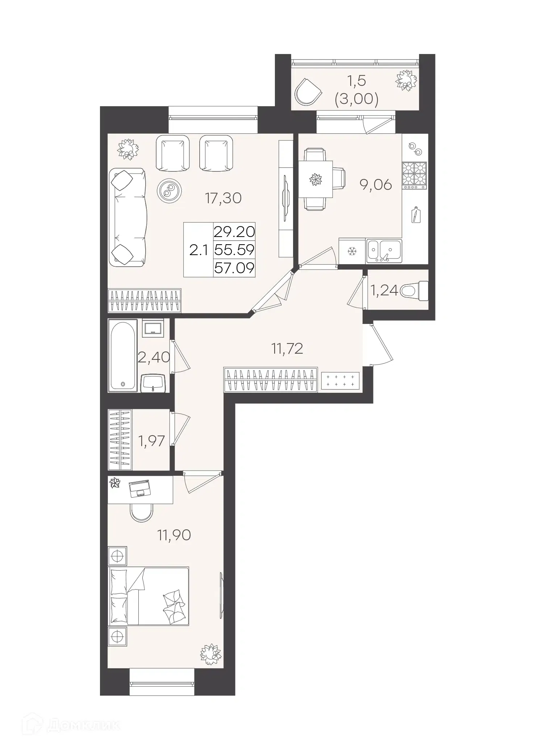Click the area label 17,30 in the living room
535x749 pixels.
(223, 198)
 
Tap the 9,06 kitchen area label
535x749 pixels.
(376, 185)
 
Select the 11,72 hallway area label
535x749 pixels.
(287, 349)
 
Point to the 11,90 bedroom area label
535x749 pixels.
(174, 534)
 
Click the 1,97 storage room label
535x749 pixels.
(151, 441)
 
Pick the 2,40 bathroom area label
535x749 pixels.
(154, 357)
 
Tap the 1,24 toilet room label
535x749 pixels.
(384, 290)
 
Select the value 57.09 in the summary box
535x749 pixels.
(234, 269)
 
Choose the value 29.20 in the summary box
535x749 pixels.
(234, 232)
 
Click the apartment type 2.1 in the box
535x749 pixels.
(198, 250)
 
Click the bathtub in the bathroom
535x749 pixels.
(123, 355)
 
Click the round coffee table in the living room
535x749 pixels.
(169, 190)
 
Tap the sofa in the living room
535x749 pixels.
(128, 217)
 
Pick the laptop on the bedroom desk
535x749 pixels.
(139, 488)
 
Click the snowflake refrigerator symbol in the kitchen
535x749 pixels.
(352, 251)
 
